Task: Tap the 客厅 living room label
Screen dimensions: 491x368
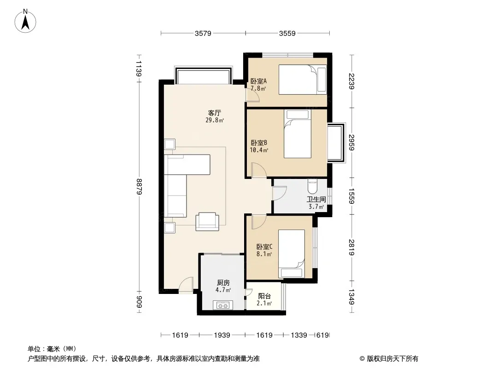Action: [215, 113]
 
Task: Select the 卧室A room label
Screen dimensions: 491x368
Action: [259, 81]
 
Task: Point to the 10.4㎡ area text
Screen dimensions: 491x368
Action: [259, 150]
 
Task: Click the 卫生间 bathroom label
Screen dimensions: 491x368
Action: [316, 200]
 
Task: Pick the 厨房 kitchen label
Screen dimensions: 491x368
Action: [223, 283]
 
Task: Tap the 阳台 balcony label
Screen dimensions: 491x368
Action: [264, 296]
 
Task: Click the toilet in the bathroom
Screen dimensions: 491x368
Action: [312, 186]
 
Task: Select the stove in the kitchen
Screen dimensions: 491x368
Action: [222, 305]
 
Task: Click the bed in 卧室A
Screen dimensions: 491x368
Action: [303, 80]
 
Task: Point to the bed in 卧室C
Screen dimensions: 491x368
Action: [292, 254]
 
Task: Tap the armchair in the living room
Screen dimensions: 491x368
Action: [207, 222]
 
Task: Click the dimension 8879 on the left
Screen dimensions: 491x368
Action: [139, 186]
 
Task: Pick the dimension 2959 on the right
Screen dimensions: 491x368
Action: [351, 143]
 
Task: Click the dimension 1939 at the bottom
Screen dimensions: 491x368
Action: [222, 335]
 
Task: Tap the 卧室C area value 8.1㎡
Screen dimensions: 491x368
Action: [264, 254]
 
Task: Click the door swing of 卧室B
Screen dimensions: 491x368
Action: [259, 170]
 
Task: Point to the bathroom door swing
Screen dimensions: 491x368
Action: [279, 193]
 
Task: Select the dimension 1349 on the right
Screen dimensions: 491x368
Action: [351, 297]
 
